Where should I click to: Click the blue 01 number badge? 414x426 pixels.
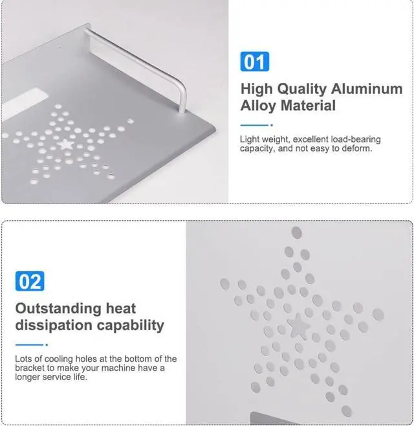[x=255, y=62]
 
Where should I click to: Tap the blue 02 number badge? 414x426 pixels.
[x=30, y=281]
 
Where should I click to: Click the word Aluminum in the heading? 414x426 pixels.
[x=367, y=89]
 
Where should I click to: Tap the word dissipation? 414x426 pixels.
[x=54, y=325]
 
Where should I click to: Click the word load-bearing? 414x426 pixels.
[x=356, y=139]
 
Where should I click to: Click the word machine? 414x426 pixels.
[x=118, y=368]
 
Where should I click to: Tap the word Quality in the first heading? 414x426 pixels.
[x=301, y=89]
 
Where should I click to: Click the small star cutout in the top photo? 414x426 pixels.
[x=66, y=144]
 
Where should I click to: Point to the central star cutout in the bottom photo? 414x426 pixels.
[x=298, y=326]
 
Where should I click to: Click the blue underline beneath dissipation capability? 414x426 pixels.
[x=32, y=345]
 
